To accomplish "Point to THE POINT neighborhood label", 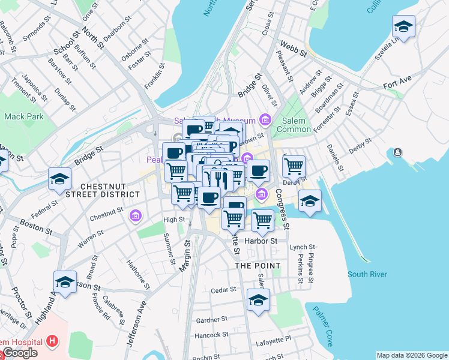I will [258, 266].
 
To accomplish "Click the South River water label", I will [367, 274].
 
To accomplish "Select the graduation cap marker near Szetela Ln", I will [403, 26].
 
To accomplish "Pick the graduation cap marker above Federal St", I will [61, 179].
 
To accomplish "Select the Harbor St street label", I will [264, 241].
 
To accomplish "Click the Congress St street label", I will [282, 209].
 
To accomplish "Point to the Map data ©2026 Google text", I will [411, 355].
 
